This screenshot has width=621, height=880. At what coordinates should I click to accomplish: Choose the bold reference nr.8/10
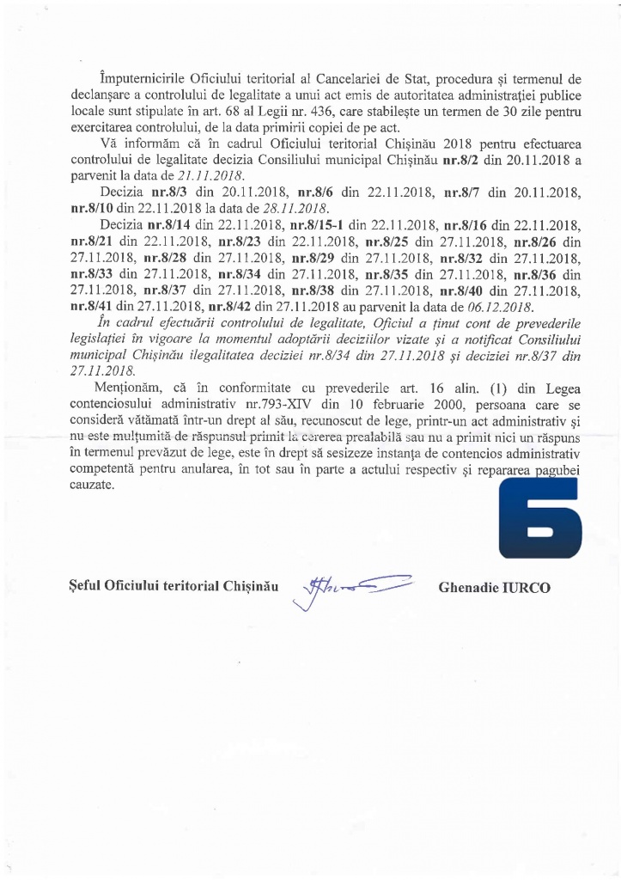click(x=89, y=209)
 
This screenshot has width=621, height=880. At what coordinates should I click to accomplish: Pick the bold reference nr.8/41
click(x=89, y=307)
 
